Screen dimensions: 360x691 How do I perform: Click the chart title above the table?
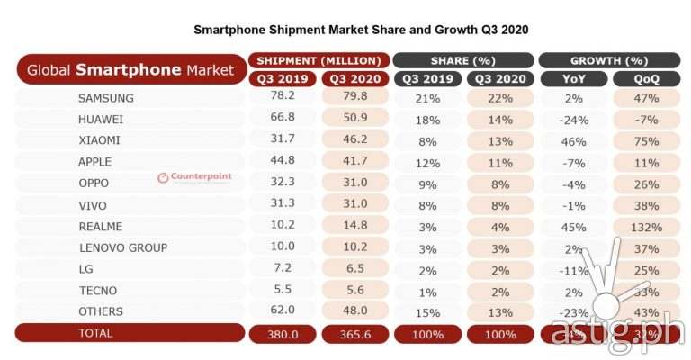tap(361, 30)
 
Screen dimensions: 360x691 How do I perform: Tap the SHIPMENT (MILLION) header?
tap(318, 60)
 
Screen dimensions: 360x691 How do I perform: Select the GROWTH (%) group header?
tap(613, 60)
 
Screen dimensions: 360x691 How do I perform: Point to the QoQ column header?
tap(647, 78)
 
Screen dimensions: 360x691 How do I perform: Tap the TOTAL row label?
tap(96, 333)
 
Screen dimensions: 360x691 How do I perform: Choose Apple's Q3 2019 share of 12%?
tap(427, 162)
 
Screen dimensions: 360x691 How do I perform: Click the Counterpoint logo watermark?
tap(194, 175)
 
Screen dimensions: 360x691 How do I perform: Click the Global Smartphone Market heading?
tap(130, 69)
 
